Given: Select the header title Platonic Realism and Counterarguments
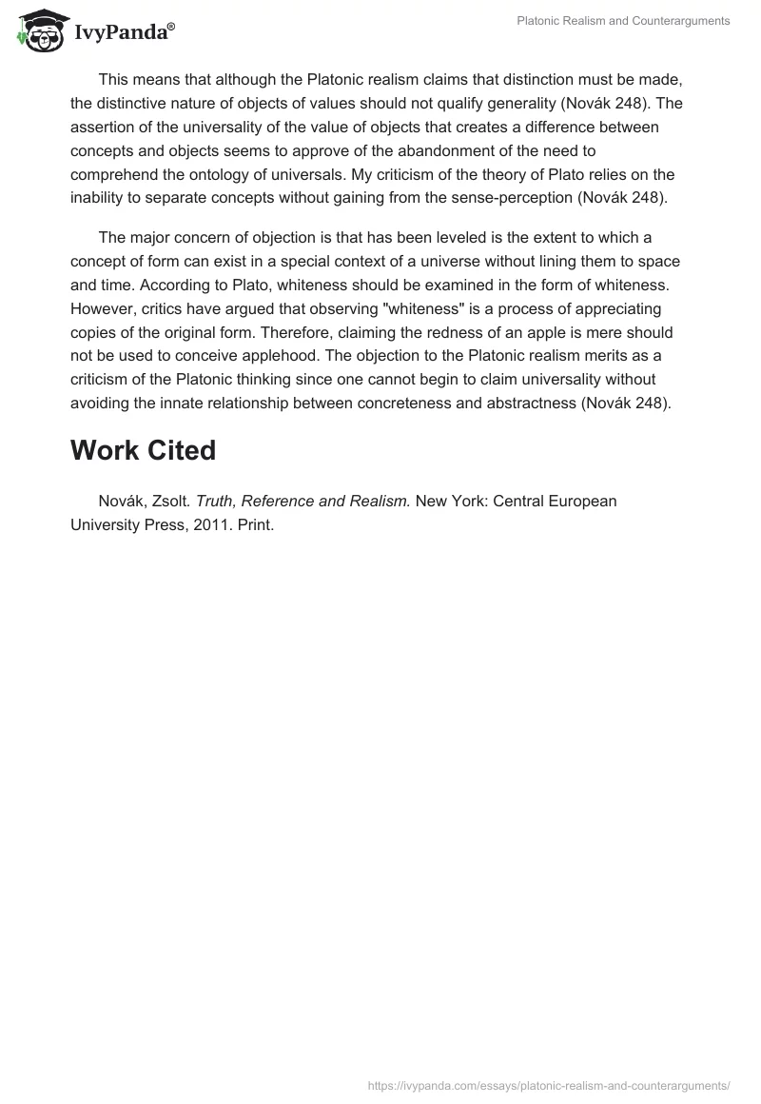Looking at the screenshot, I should coord(623,21).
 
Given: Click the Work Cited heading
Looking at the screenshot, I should coord(143,450).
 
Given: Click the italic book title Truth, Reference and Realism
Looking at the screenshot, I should coord(302,501).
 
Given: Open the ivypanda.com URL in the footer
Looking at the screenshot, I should coord(549,1084).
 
